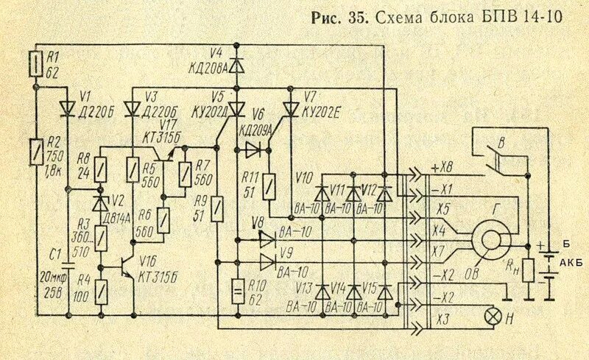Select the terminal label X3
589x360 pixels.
[442, 317]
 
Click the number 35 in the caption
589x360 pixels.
[357, 19]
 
